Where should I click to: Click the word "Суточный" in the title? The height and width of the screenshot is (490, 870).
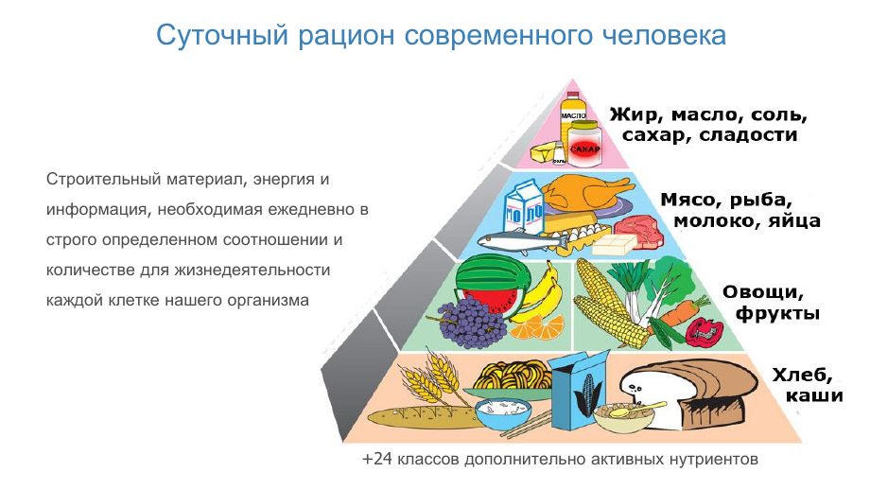point(222,36)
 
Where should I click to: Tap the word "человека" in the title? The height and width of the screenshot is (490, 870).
point(664,36)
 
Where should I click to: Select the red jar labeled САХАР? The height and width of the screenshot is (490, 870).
point(584,145)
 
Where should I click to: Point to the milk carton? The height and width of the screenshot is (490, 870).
point(523,208)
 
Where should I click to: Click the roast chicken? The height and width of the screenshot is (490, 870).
point(585,191)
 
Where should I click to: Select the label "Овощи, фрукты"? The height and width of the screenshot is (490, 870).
point(771,303)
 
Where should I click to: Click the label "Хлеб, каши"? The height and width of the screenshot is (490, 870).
point(808,385)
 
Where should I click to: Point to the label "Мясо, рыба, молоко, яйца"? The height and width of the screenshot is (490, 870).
point(739,211)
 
